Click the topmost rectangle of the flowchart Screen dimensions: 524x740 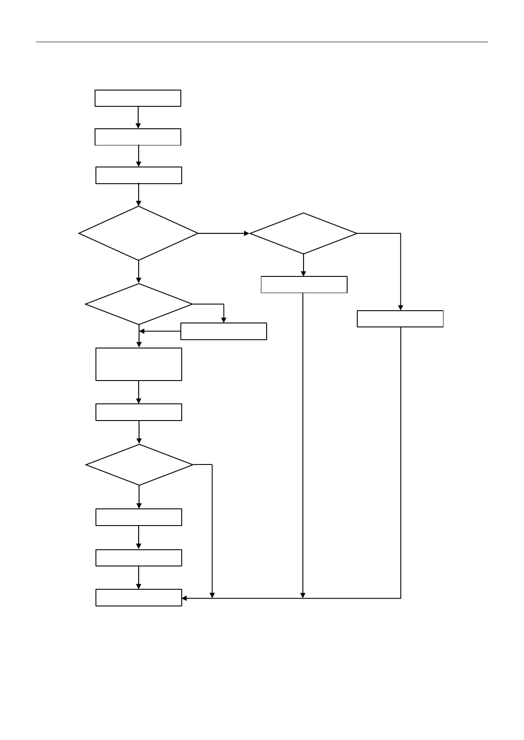(138, 98)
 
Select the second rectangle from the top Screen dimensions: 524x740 (138, 137)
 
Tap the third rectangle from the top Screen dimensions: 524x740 (139, 175)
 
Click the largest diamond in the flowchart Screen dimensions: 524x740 (138, 233)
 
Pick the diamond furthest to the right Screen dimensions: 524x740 (303, 233)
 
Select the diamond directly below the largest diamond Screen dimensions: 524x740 (139, 304)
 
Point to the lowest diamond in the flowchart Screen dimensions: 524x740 (139, 464)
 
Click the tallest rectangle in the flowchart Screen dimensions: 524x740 (139, 364)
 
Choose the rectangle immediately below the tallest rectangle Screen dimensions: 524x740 (139, 412)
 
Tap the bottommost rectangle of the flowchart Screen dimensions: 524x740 (139, 598)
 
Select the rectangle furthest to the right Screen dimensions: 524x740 (400, 319)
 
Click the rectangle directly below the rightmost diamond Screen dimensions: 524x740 (304, 284)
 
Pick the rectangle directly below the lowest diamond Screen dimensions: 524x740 (139, 517)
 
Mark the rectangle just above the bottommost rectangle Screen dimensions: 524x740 (139, 558)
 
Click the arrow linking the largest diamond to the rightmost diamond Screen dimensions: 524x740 (224, 233)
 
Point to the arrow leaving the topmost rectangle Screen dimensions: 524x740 (138, 117)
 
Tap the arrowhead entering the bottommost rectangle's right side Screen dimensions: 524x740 (185, 598)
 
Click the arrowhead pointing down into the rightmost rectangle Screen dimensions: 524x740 (400, 308)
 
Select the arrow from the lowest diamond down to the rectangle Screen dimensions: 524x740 (139, 497)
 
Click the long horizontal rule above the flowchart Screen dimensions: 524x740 (262, 42)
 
